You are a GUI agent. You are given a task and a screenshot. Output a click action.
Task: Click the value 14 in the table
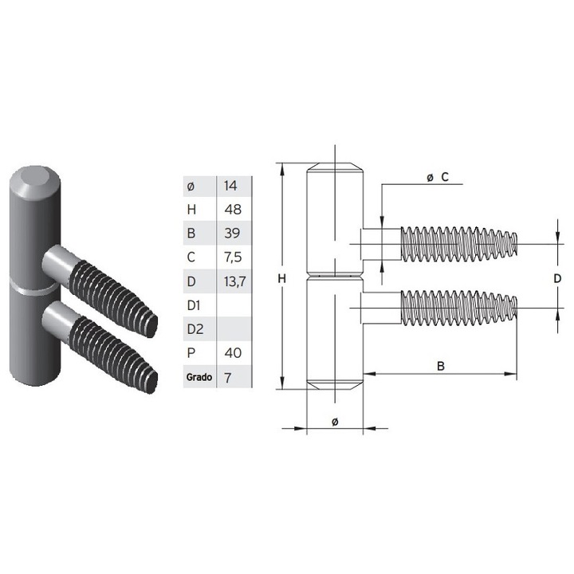(231, 186)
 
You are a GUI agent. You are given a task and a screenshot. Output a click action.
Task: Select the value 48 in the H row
(233, 210)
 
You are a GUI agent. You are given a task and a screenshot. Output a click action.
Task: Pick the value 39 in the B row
(233, 234)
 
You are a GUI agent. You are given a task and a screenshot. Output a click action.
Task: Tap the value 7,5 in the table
(234, 258)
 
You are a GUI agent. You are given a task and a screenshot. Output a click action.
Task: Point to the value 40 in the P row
(233, 352)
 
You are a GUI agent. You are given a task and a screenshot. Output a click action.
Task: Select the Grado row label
(198, 377)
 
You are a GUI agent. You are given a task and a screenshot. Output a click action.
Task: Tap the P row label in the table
(189, 352)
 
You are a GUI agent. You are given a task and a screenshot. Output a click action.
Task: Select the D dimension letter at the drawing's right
(558, 278)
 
